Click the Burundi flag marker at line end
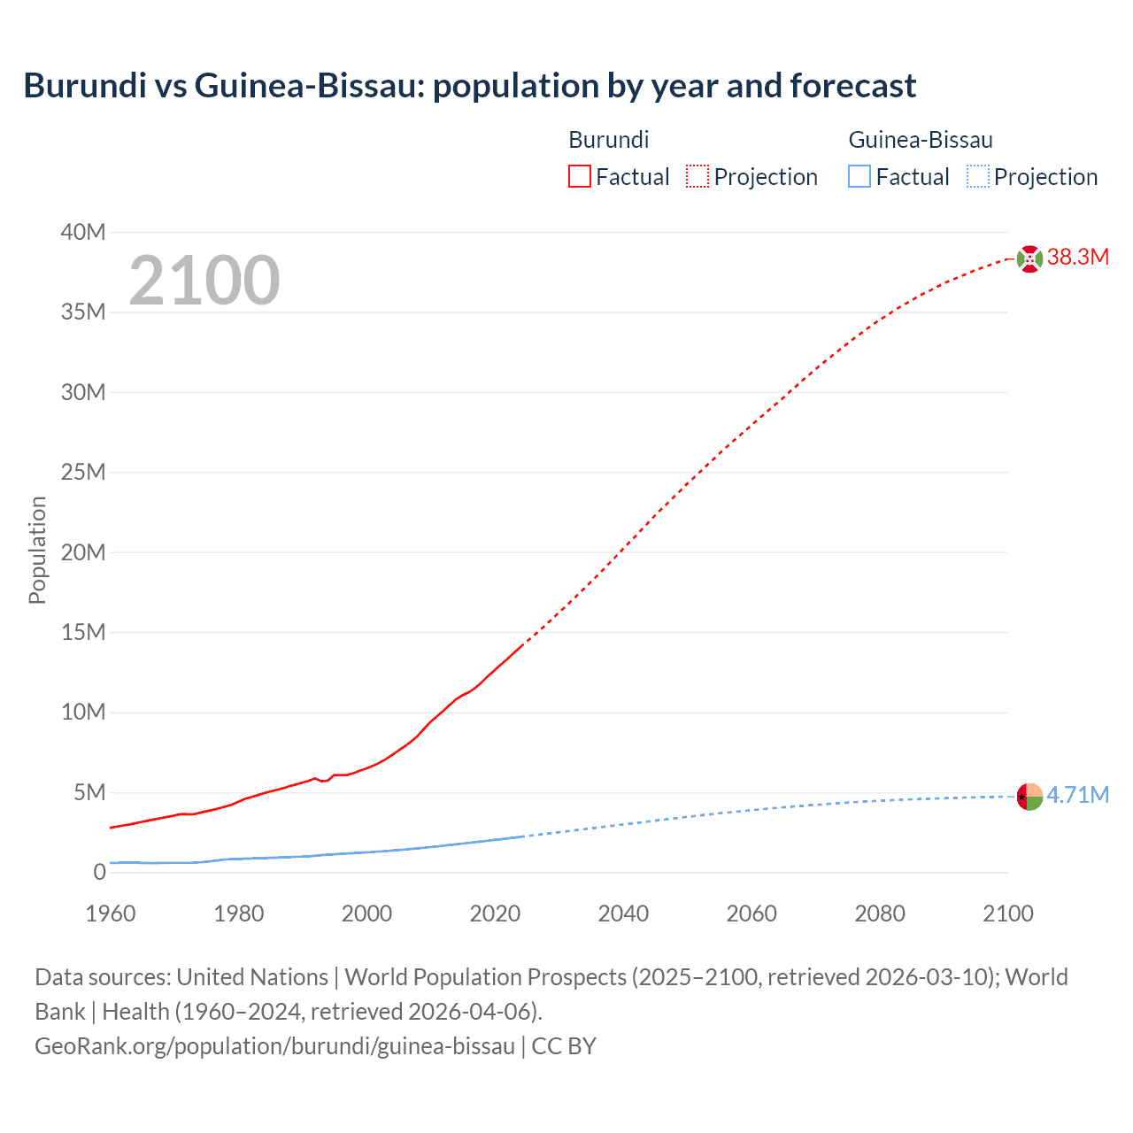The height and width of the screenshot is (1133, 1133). [x=1029, y=258]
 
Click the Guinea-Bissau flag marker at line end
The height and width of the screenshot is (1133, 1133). [x=1029, y=797]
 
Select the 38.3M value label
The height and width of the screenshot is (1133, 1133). [x=1077, y=258]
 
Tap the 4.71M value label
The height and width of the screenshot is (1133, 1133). [x=1077, y=795]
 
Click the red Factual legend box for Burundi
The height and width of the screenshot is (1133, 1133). [x=579, y=177]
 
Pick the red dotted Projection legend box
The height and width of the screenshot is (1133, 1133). [x=698, y=177]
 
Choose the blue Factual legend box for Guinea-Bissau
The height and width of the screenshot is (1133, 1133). [x=859, y=177]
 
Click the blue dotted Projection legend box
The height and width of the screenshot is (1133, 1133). [x=978, y=177]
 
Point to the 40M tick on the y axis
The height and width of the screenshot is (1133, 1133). [x=83, y=233]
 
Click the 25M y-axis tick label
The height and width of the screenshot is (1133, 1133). [x=83, y=473]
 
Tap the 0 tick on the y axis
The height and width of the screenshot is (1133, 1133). [x=99, y=873]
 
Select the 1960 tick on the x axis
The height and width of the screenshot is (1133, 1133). [x=111, y=913]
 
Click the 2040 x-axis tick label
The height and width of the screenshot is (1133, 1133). [x=623, y=913]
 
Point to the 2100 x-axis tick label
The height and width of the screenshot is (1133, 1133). [x=1007, y=913]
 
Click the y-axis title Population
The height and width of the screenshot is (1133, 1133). [x=37, y=550]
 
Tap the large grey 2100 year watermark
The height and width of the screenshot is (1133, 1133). [x=204, y=281]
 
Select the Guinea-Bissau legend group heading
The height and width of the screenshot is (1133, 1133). [x=921, y=140]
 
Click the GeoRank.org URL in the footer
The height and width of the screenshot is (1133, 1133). [x=274, y=1046]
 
